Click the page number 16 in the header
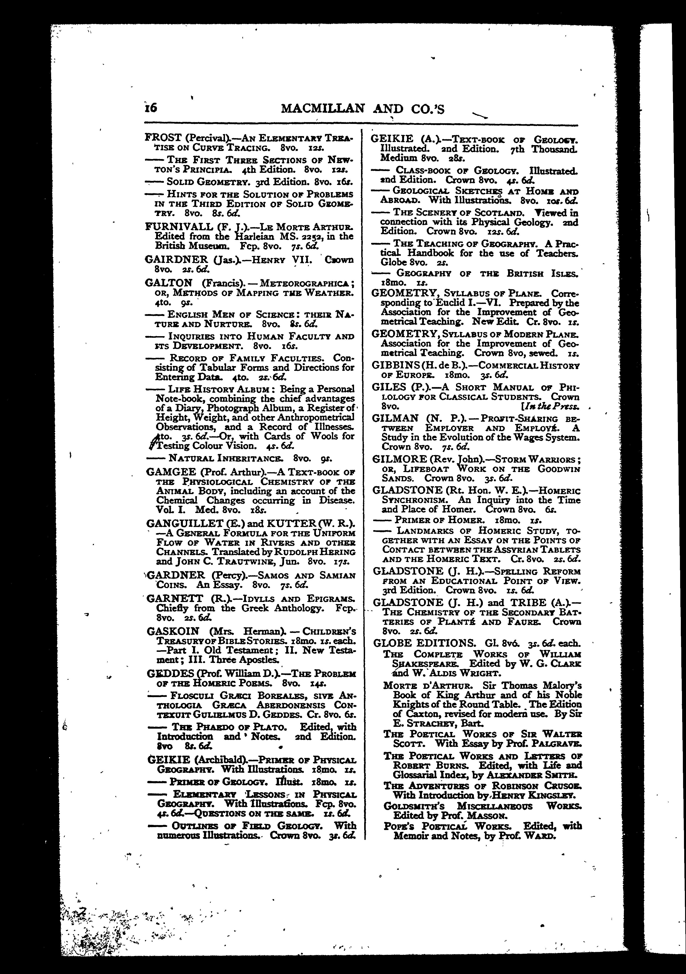tap(150, 108)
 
